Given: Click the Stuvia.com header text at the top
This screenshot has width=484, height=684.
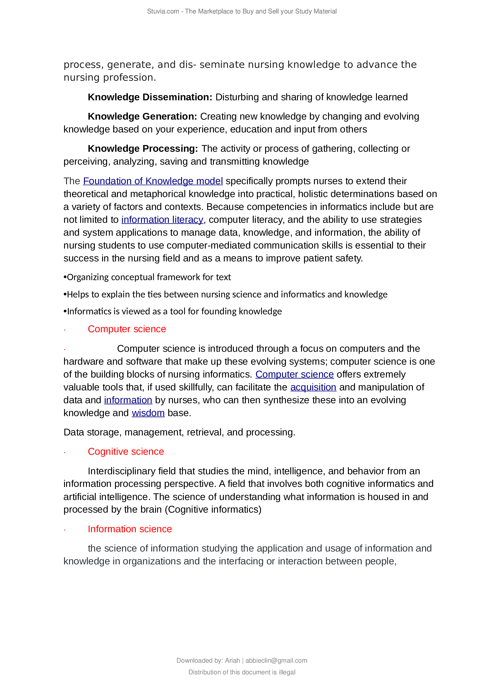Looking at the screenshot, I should click(242, 11).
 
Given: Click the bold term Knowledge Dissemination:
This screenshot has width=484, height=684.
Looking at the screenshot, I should click(150, 97).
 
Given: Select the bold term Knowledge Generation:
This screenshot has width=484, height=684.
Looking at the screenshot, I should click(142, 116).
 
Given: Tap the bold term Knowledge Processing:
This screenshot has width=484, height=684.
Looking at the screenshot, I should click(143, 148).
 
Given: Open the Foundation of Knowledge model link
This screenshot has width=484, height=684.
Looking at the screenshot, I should click(153, 181).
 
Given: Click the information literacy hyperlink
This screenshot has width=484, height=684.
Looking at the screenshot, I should click(162, 220).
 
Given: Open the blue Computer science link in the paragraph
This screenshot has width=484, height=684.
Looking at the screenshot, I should click(294, 374).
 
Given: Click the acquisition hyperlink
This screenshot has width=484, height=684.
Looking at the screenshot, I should click(313, 387).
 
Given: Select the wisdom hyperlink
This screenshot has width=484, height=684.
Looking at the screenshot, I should click(148, 413).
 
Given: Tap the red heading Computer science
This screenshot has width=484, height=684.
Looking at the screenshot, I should click(127, 329).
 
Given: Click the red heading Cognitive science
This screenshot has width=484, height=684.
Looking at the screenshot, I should click(126, 452).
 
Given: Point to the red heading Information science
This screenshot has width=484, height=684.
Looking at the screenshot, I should click(130, 529).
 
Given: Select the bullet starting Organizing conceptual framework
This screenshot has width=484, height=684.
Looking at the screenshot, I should click(147, 277).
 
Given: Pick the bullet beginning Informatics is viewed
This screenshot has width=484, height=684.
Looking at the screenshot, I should click(173, 311).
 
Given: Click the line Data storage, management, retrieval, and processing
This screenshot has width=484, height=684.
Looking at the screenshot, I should click(179, 432).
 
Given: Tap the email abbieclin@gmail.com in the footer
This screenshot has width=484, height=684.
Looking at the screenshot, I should click(276, 661).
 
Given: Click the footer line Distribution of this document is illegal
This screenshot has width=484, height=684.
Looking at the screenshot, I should click(242, 672).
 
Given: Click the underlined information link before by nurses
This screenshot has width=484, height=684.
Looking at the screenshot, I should click(128, 400).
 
